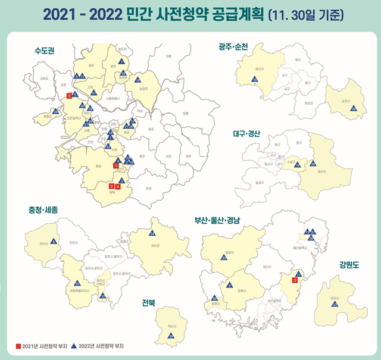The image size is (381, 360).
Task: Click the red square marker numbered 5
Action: (69, 96)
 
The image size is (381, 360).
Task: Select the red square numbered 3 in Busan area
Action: (295, 280)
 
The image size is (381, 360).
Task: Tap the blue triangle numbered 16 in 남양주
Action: (138, 80)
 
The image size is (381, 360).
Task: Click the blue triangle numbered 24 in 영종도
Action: (55, 111)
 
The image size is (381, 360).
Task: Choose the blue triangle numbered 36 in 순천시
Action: (353, 108)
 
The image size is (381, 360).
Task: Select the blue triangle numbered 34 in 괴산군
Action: (152, 233)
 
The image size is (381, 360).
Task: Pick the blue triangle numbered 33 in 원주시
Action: (335, 303)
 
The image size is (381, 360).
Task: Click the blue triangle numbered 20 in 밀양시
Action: (224, 258)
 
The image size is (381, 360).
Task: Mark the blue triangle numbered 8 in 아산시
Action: (54, 241)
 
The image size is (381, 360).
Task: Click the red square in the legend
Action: (18, 345)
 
